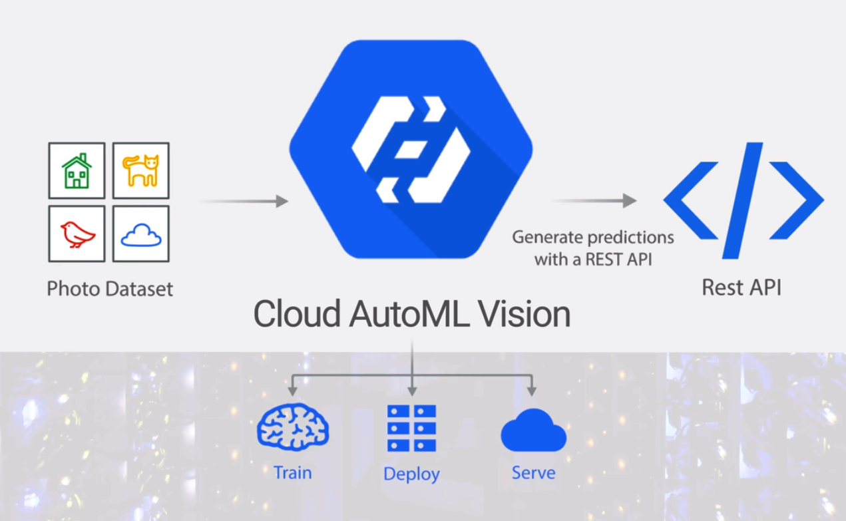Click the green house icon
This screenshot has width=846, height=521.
coord(77,170)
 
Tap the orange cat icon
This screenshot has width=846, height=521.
coord(140,170)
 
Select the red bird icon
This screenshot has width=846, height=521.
coord(77,234)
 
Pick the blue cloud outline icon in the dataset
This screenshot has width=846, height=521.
coord(140,234)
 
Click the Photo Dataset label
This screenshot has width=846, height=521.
coord(110,289)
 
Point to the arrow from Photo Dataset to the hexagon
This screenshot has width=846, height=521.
coord(244,201)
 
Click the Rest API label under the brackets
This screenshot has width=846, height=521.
coord(741,287)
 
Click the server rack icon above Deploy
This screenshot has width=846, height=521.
coord(411,428)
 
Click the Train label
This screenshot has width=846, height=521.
coord(292,472)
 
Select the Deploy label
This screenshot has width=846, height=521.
coord(411,474)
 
